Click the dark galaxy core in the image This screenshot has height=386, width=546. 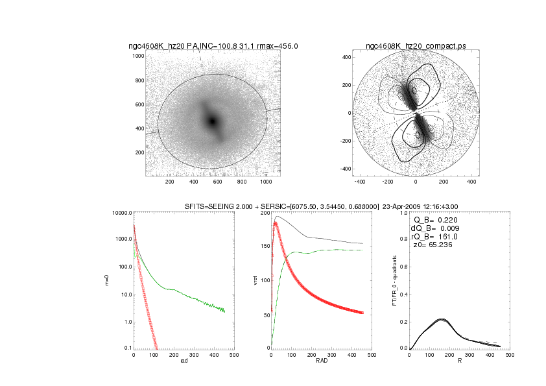coord(212,121)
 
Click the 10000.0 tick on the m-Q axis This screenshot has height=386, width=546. coord(121,213)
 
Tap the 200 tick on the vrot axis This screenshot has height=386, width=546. coord(265,213)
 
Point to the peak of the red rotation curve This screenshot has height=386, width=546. coord(276,223)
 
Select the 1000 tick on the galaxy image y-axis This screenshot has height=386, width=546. coord(138,56)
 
